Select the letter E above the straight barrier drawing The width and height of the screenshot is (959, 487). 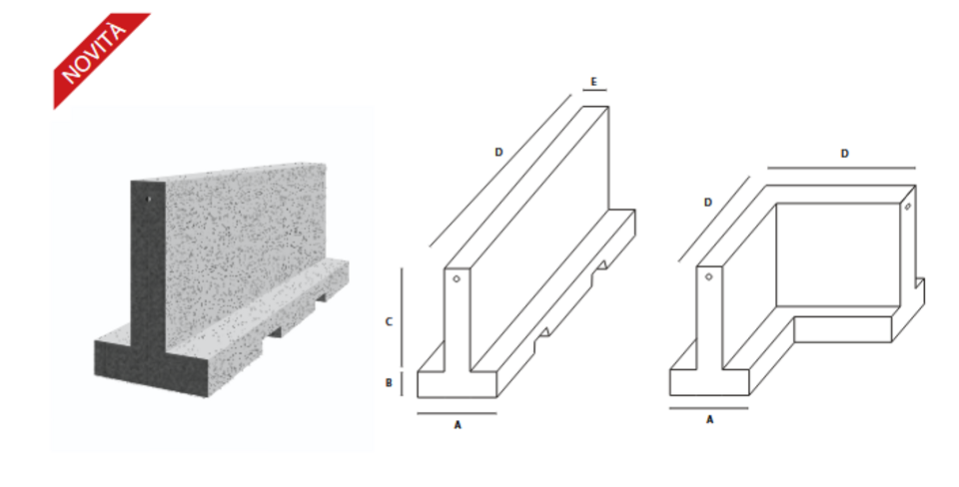(x=593, y=81)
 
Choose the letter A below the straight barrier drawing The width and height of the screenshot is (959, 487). (x=458, y=424)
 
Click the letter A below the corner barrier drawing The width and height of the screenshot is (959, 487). (x=710, y=420)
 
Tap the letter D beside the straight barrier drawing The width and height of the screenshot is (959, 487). (x=497, y=152)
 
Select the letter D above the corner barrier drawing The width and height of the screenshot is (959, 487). (x=844, y=154)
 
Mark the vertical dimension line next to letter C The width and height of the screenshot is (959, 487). (x=402, y=317)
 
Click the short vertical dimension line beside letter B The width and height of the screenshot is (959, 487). (x=402, y=384)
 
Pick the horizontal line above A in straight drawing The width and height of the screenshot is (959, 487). (x=457, y=412)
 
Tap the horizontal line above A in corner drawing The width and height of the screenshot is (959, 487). (x=709, y=407)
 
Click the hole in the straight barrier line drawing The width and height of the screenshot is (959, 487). (x=455, y=280)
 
